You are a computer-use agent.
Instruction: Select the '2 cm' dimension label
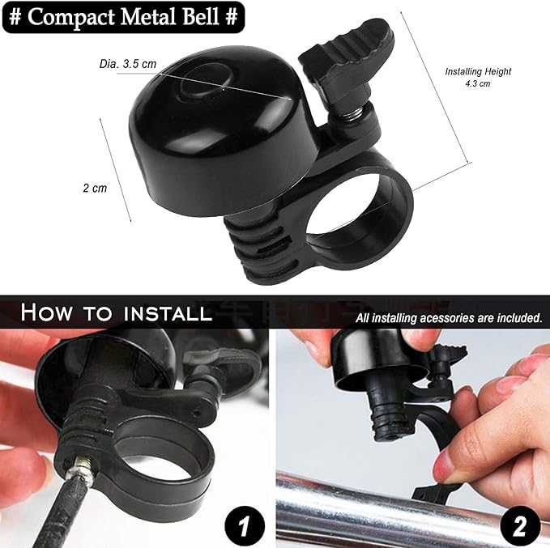tap(94, 188)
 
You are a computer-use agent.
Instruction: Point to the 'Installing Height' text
tap(478, 71)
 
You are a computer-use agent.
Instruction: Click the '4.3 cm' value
tap(478, 83)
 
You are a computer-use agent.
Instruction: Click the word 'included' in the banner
tap(509, 318)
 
